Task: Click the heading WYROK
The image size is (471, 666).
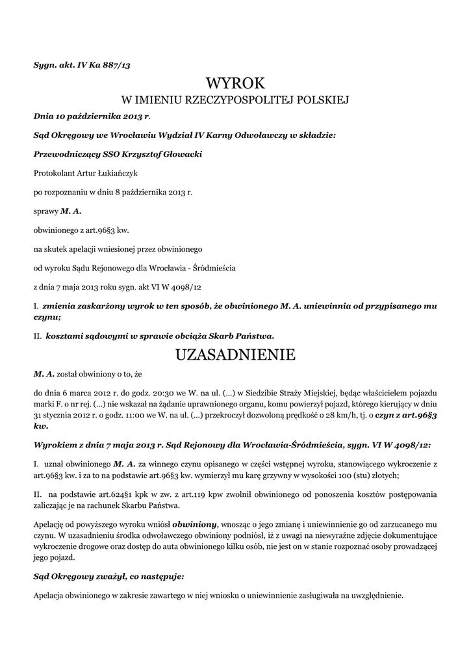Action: [235, 83]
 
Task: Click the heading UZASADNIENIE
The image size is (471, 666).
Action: [235, 354]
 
